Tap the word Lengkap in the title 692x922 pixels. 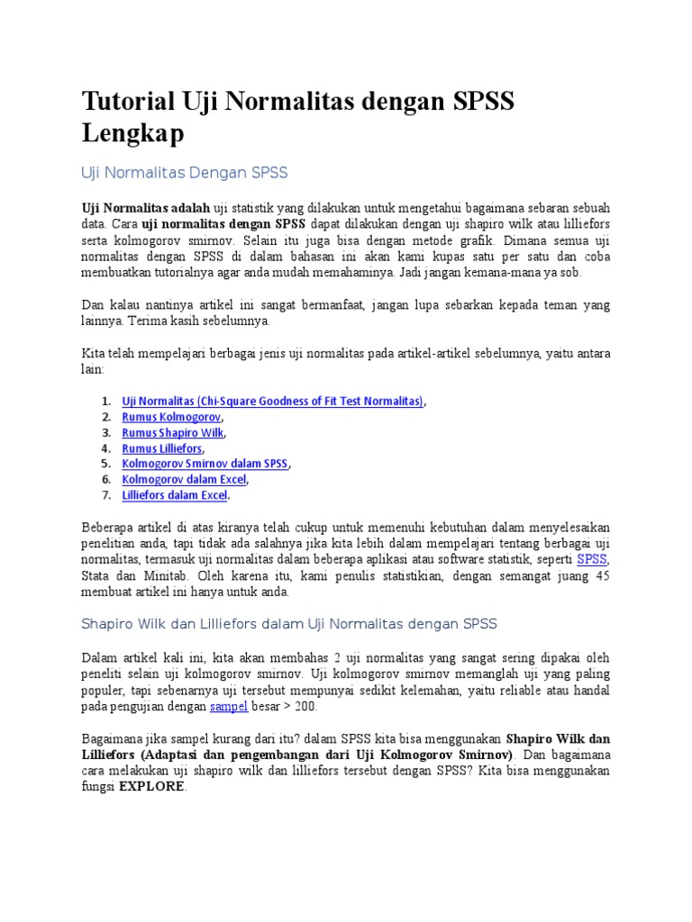(132, 132)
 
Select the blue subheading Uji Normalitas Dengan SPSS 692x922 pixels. (184, 171)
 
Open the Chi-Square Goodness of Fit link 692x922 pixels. (272, 401)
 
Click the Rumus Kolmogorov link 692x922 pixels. (171, 416)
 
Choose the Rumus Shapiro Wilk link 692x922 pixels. (174, 432)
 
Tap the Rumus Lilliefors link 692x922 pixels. (162, 447)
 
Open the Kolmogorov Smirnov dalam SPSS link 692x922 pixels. (205, 463)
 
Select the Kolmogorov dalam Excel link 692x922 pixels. (184, 479)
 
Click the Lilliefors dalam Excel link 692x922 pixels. (175, 494)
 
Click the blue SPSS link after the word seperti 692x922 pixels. (592, 559)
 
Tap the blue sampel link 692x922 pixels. (228, 707)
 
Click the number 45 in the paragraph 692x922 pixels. (602, 575)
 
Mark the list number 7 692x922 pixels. (105, 494)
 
